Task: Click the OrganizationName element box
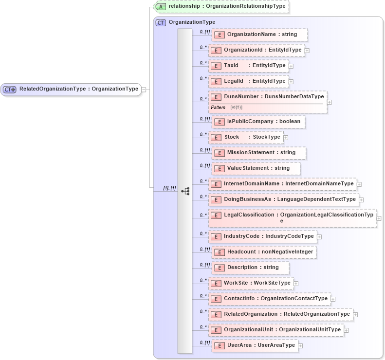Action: (x=259, y=35)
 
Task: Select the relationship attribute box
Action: (x=221, y=6)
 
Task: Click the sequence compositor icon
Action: (x=185, y=191)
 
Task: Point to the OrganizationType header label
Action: (x=192, y=22)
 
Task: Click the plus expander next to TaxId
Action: (x=291, y=66)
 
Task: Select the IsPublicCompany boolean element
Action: (x=258, y=122)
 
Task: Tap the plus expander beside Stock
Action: (x=286, y=137)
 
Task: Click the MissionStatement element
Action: (x=259, y=153)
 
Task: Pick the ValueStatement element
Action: (x=256, y=168)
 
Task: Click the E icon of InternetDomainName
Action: (x=216, y=184)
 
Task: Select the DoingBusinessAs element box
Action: (x=284, y=199)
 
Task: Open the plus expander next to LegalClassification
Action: (x=379, y=218)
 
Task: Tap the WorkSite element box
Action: (x=251, y=283)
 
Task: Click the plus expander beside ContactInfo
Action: (x=333, y=299)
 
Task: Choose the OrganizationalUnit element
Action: (x=276, y=330)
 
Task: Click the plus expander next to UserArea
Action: (x=300, y=346)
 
